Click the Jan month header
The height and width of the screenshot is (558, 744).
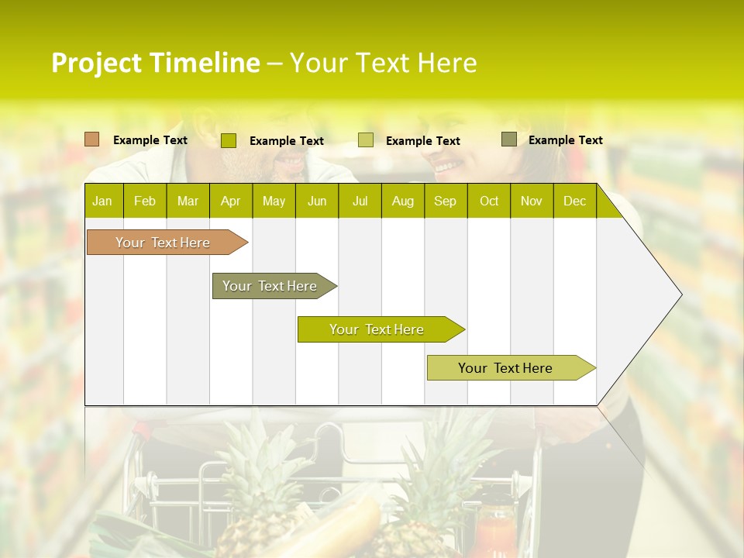[x=102, y=201]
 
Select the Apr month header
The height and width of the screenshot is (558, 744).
[x=230, y=201]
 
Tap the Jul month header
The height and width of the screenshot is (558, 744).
[x=360, y=201]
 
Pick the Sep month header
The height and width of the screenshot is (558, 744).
[x=445, y=201]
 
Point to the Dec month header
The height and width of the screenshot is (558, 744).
[x=574, y=201]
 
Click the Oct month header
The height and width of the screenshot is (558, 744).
[x=489, y=201]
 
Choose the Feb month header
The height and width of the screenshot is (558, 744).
[x=145, y=201]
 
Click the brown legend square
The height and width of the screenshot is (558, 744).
[x=92, y=139]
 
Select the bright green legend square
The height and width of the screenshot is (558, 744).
[x=229, y=140]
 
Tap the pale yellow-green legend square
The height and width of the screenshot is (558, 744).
[x=366, y=140]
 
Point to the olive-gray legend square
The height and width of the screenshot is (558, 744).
[x=509, y=139]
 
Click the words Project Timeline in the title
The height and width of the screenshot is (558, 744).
[x=155, y=63]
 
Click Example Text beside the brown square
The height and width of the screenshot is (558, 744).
[x=150, y=140]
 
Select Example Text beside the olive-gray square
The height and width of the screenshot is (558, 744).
[x=566, y=140]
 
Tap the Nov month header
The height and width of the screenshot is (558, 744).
[x=532, y=201]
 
